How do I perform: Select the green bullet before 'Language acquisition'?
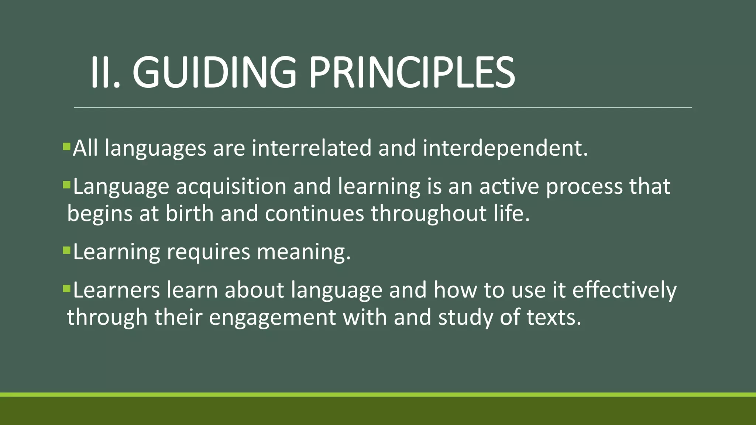tap(66, 184)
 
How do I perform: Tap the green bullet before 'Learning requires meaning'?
tap(66, 250)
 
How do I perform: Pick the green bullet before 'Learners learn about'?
tap(66, 288)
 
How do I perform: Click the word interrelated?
tap(312, 148)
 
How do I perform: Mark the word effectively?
tap(625, 290)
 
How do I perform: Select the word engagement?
tap(272, 318)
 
